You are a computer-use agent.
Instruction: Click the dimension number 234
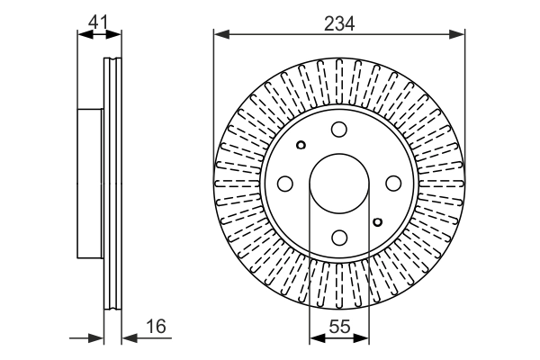point(338,24)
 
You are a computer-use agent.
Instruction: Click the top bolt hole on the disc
point(339,130)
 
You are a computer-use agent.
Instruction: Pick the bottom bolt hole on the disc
point(339,238)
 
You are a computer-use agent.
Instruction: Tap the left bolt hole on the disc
point(285,184)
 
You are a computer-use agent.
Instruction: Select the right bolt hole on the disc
point(393,184)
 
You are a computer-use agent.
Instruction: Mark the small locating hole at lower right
point(377,220)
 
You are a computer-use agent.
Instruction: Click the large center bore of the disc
point(339,184)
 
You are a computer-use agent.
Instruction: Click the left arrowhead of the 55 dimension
point(315,338)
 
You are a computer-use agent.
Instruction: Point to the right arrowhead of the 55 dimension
point(364,338)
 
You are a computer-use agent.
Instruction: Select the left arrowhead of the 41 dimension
point(85,36)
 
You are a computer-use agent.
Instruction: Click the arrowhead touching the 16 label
point(128,338)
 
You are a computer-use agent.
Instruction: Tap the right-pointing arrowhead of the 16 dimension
point(98,338)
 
